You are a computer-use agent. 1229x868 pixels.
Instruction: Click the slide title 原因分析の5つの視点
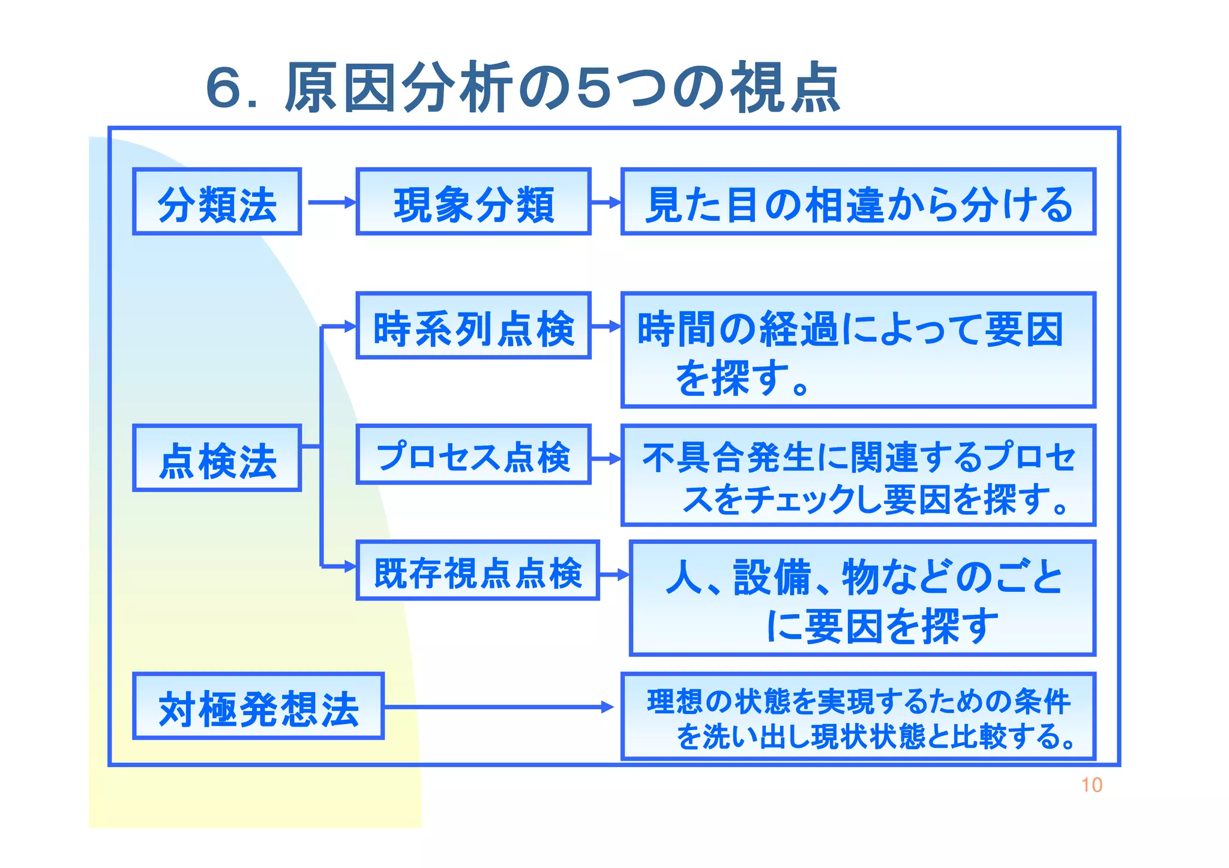pyautogui.click(x=522, y=88)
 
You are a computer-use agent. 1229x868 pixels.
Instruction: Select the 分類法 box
pyautogui.click(x=217, y=202)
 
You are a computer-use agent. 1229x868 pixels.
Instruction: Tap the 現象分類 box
pyautogui.click(x=473, y=202)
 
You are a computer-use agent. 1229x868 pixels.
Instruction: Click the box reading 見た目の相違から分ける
pyautogui.click(x=858, y=202)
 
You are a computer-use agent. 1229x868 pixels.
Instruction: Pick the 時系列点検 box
pyautogui.click(x=473, y=326)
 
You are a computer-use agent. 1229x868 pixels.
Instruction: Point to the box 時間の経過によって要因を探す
pyautogui.click(x=858, y=350)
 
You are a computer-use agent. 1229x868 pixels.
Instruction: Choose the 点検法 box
pyautogui.click(x=217, y=458)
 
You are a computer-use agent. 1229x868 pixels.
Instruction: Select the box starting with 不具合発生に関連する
pyautogui.click(x=858, y=475)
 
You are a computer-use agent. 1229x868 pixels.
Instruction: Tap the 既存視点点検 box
pyautogui.click(x=478, y=570)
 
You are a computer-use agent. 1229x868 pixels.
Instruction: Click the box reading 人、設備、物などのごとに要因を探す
pyautogui.click(x=862, y=598)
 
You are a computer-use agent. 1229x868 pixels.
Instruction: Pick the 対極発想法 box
pyautogui.click(x=258, y=706)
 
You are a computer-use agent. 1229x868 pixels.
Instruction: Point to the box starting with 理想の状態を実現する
pyautogui.click(x=858, y=716)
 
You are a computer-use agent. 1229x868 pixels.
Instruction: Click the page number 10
pyautogui.click(x=1092, y=785)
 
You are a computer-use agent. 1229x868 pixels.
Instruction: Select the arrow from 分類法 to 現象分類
pyautogui.click(x=331, y=202)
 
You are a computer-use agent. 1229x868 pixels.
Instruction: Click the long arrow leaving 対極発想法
pyautogui.click(x=498, y=707)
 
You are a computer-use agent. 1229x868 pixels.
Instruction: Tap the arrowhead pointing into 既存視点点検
pyautogui.click(x=350, y=566)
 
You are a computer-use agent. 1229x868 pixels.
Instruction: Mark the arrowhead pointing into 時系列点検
pyautogui.click(x=350, y=327)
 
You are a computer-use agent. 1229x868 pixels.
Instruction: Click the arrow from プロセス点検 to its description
pyautogui.click(x=606, y=459)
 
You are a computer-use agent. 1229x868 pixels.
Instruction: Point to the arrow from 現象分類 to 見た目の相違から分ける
pyautogui.click(x=606, y=203)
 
